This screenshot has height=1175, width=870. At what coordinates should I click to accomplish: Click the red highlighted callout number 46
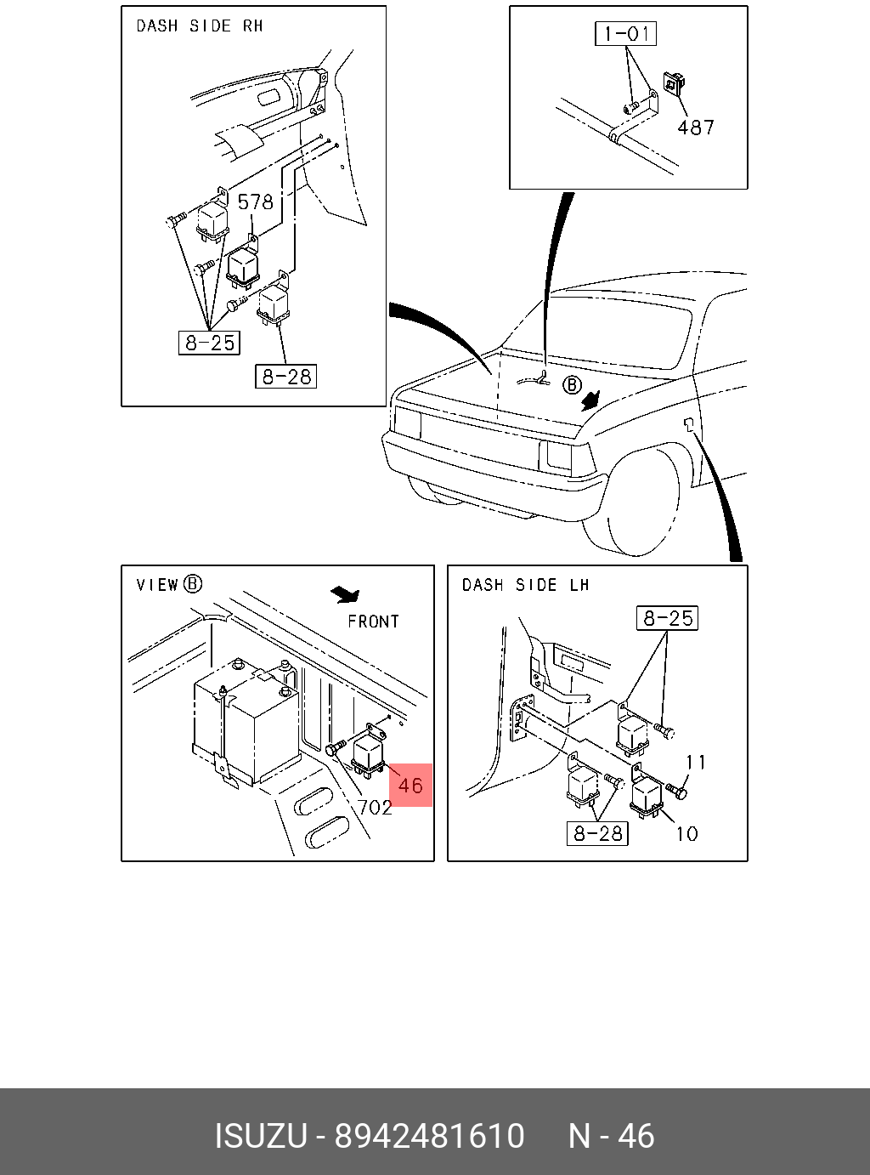pyautogui.click(x=410, y=784)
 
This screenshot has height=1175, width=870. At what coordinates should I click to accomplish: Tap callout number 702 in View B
pyautogui.click(x=375, y=807)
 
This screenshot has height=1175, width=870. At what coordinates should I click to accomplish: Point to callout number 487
pyautogui.click(x=696, y=128)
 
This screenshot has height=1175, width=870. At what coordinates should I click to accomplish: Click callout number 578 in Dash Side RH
pyautogui.click(x=255, y=202)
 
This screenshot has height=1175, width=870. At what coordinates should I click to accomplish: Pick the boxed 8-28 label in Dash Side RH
pyautogui.click(x=286, y=376)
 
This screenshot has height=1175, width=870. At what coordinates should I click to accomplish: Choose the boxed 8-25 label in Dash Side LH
pyautogui.click(x=668, y=618)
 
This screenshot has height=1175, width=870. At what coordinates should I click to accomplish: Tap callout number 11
pyautogui.click(x=696, y=763)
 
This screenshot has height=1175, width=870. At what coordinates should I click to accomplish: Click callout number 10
pyautogui.click(x=686, y=833)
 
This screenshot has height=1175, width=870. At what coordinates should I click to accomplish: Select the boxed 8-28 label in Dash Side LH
pyautogui.click(x=597, y=833)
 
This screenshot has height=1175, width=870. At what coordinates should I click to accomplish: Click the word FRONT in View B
pyautogui.click(x=373, y=622)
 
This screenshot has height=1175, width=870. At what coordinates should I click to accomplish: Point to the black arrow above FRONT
pyautogui.click(x=346, y=593)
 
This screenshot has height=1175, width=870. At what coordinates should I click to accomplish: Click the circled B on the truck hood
pyautogui.click(x=572, y=386)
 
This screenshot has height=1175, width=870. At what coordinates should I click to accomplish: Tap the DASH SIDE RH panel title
pyautogui.click(x=200, y=26)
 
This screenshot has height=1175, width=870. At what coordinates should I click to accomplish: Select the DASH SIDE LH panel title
pyautogui.click(x=525, y=585)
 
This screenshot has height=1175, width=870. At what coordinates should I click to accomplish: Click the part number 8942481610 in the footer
pyautogui.click(x=429, y=1136)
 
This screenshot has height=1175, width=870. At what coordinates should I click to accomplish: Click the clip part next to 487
pyautogui.click(x=673, y=82)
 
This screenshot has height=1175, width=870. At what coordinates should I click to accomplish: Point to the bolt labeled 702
pyautogui.click(x=334, y=749)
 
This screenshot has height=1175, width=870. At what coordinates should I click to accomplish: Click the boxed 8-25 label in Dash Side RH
pyautogui.click(x=210, y=343)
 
